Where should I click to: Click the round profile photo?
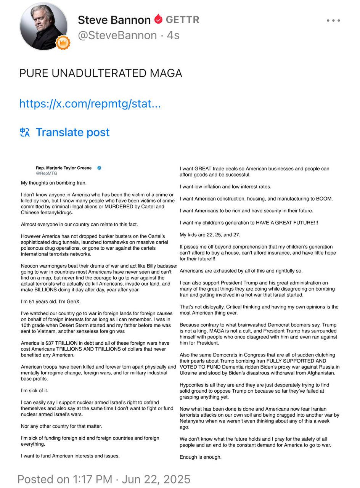(x=43, y=26)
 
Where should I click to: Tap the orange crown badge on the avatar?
(x=63, y=43)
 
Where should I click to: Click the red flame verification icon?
(x=158, y=19)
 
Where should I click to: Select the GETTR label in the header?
(x=182, y=19)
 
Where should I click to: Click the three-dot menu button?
(x=333, y=21)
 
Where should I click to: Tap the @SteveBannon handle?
(x=117, y=35)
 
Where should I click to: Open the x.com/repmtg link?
(x=90, y=103)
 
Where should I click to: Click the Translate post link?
(x=72, y=132)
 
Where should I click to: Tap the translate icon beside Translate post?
(x=25, y=132)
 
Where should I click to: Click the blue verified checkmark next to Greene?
(x=99, y=168)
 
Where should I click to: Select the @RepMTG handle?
(x=47, y=173)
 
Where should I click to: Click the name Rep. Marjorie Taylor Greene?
(x=64, y=168)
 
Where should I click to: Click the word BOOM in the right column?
(x=324, y=199)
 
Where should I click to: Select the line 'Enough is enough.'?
(x=201, y=457)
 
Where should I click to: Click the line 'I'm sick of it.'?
(x=34, y=391)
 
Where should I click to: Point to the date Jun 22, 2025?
(x=155, y=479)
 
